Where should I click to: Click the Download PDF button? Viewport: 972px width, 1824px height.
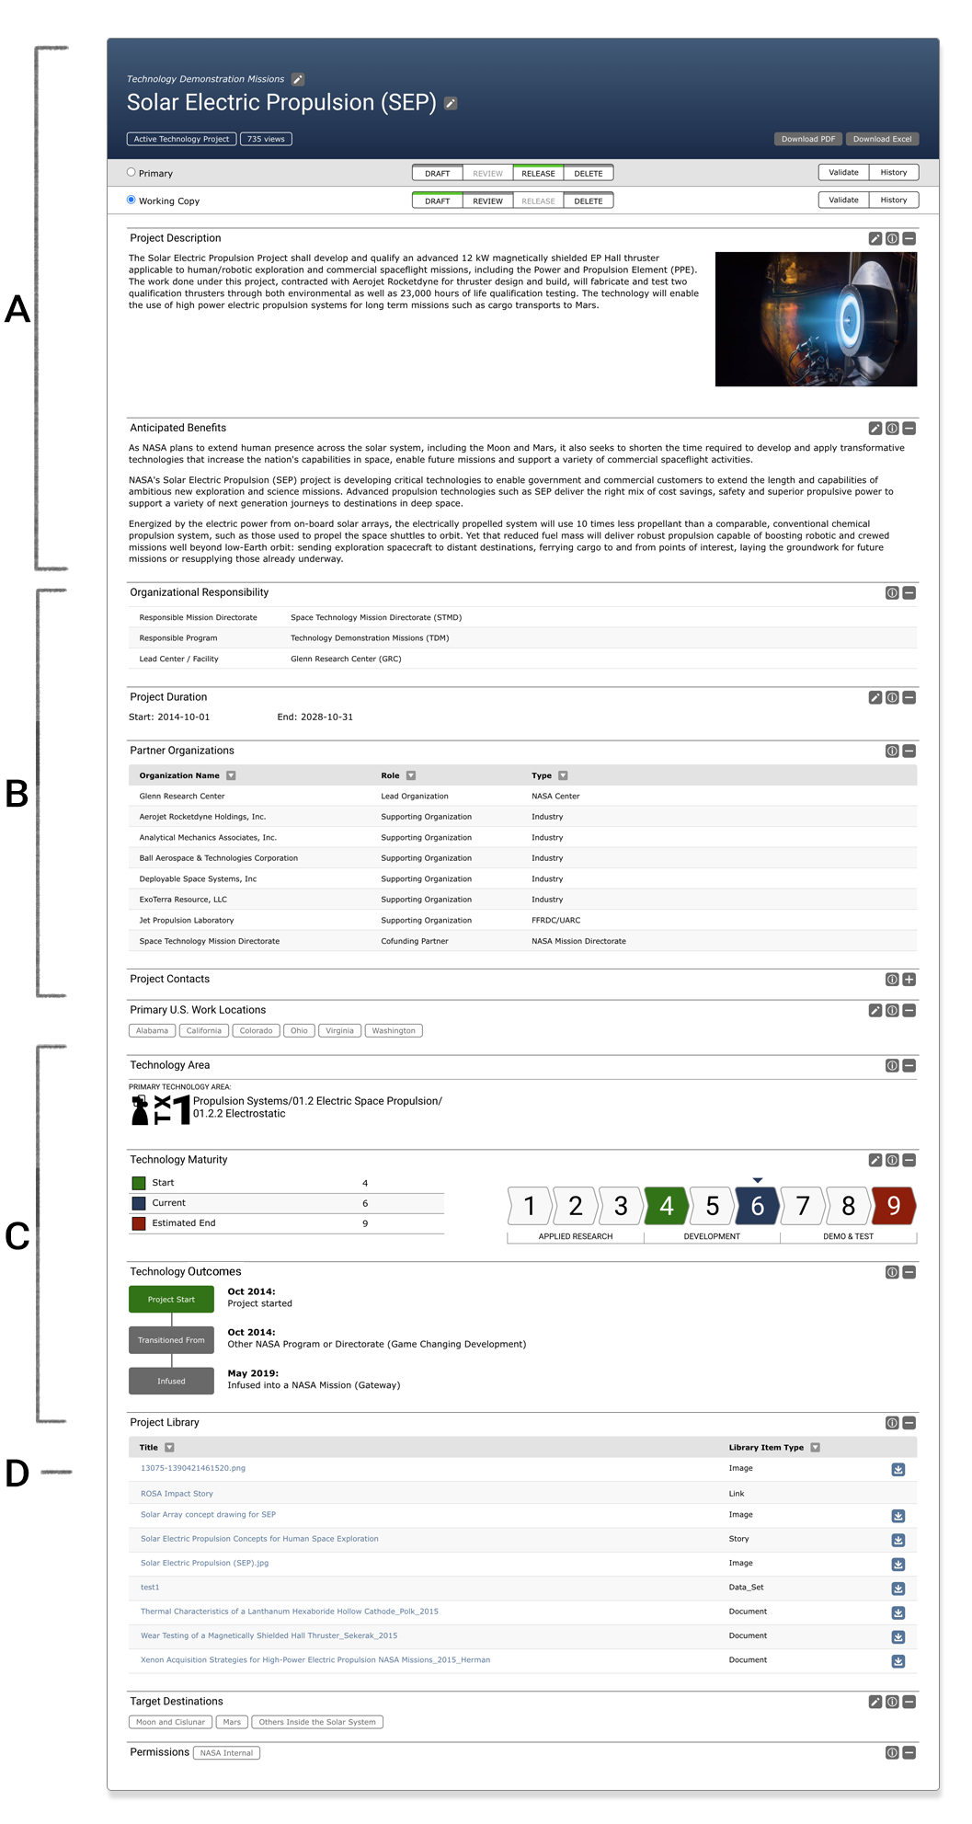tap(808, 139)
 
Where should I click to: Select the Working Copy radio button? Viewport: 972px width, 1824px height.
tap(132, 200)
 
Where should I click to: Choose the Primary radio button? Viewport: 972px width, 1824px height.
tap(132, 172)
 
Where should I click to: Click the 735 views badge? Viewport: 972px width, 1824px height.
tap(266, 139)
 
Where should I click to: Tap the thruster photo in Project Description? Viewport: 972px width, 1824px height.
tap(816, 319)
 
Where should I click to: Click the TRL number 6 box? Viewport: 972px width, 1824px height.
tap(757, 1206)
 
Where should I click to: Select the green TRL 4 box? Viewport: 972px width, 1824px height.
tap(667, 1206)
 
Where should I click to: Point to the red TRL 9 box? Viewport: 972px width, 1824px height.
tap(893, 1206)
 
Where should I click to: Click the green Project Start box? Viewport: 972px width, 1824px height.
tap(171, 1300)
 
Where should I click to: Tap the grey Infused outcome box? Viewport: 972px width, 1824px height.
tap(171, 1381)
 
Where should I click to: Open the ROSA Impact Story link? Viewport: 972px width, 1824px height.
tap(177, 1494)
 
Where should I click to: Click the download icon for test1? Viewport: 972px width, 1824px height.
tap(898, 1589)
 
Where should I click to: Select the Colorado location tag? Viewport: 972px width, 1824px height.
tap(256, 1031)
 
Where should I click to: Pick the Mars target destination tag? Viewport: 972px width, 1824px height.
tap(232, 1722)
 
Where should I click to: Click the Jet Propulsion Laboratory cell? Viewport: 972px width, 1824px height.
tap(187, 921)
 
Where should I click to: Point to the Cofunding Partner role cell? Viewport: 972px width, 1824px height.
tap(415, 941)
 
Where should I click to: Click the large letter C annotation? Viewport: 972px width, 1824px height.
tap(17, 1236)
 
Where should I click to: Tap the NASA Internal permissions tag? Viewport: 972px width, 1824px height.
tap(226, 1753)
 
